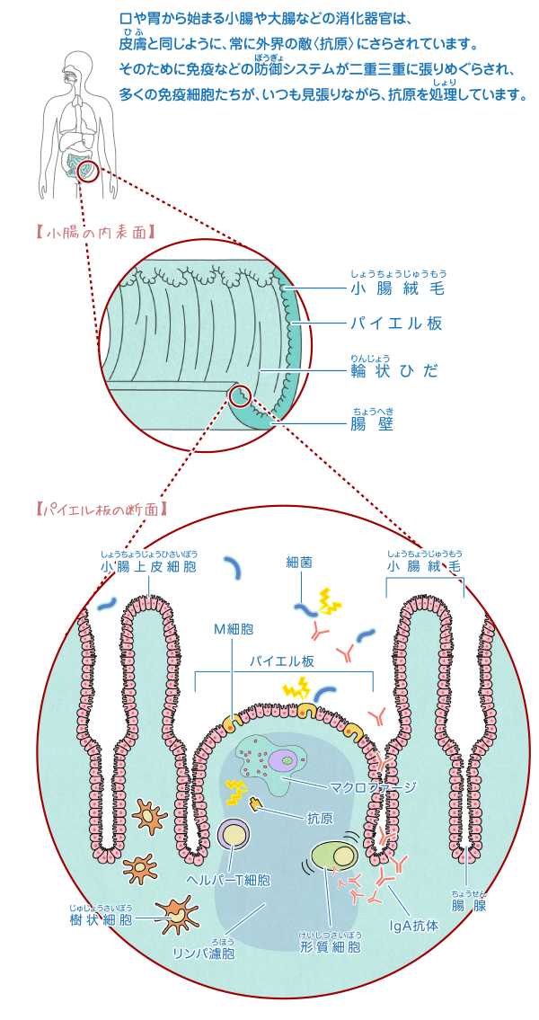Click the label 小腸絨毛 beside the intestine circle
coord(397,288)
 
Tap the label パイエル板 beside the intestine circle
coord(396,324)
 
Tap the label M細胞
coord(233,628)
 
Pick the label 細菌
coord(299,562)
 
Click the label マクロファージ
coord(373,787)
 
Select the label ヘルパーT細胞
coord(227,881)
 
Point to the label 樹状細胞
coord(101,919)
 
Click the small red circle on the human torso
coord(87,169)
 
